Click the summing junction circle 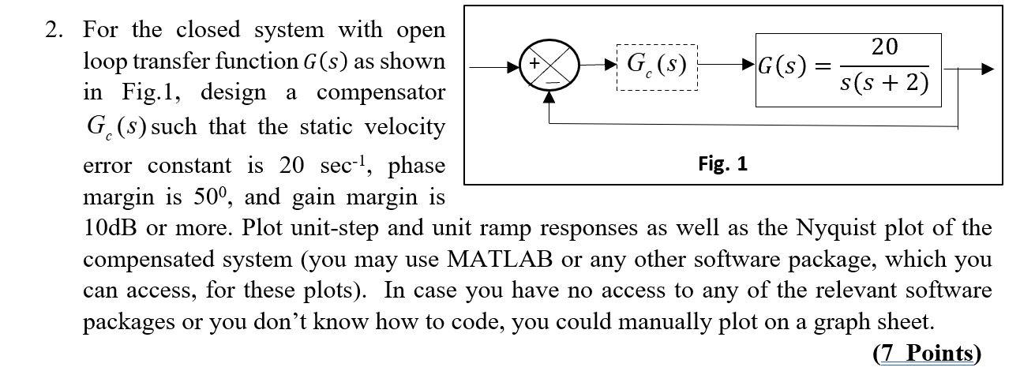click(549, 69)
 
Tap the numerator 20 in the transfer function click(884, 47)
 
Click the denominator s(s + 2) click(884, 83)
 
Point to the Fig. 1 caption click(722, 164)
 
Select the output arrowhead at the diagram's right click(986, 69)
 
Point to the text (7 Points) click(926, 352)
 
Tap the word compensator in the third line click(381, 93)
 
